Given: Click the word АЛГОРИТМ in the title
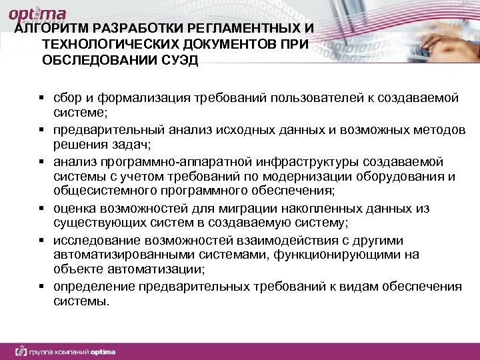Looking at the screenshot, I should click(52, 30).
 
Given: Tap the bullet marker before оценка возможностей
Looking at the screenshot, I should click(41, 209).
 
